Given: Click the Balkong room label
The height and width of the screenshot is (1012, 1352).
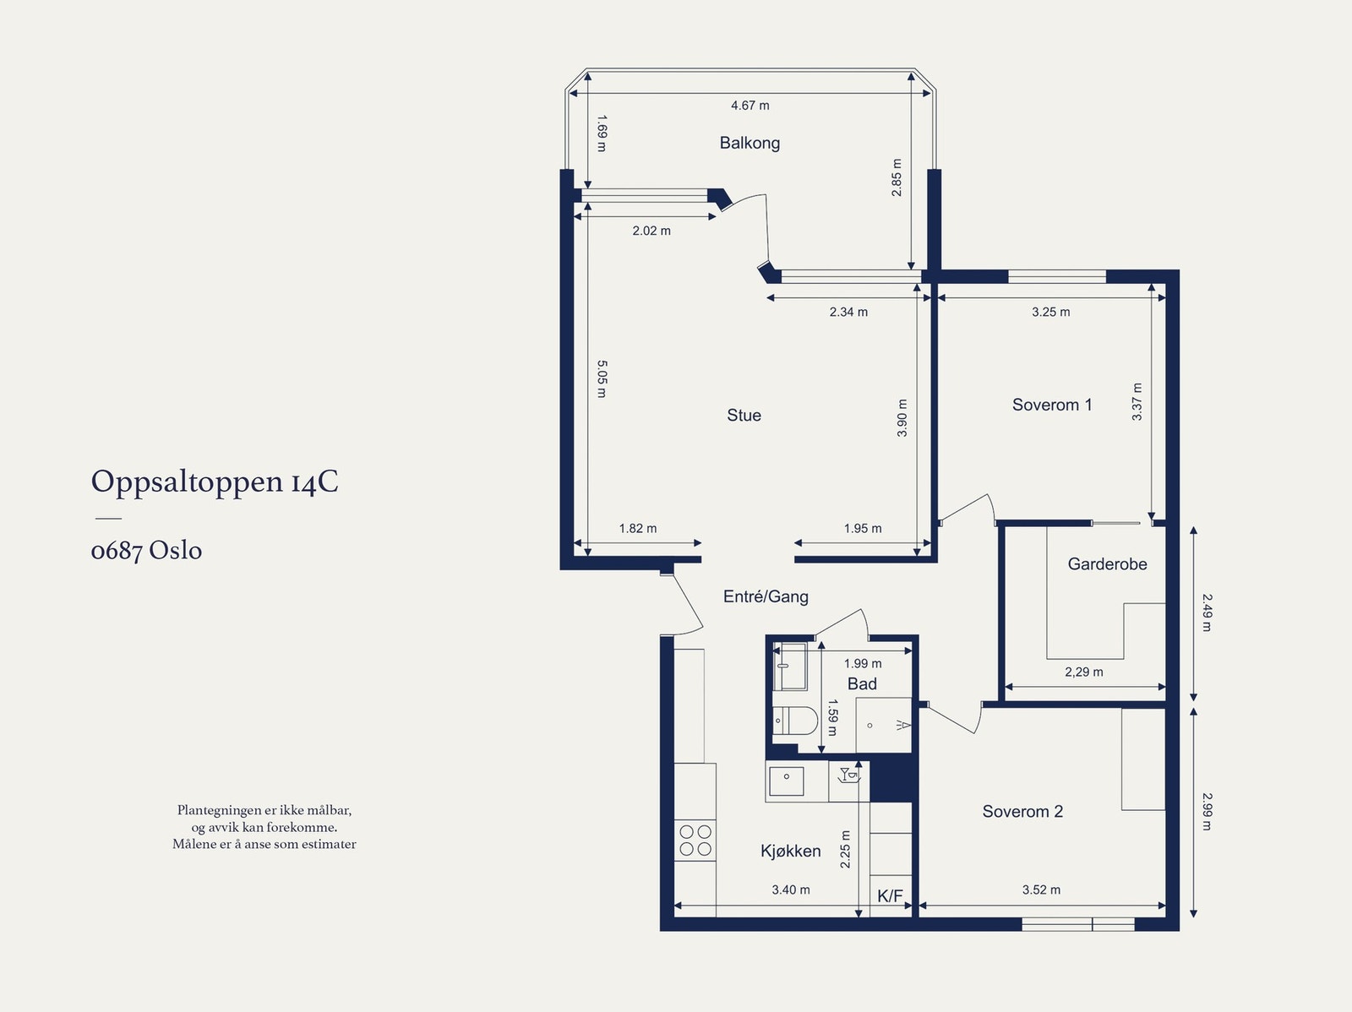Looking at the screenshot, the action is click(x=750, y=143).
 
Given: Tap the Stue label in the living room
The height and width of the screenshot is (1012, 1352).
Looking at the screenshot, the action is click(x=744, y=415).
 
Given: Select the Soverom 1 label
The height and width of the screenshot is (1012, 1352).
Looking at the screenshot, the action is click(x=1052, y=405).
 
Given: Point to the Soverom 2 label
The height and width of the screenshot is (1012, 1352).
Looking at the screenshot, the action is click(x=1022, y=811).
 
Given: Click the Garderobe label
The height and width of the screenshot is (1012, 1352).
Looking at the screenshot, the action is click(x=1107, y=563).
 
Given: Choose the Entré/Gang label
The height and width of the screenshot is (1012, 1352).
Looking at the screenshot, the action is click(x=766, y=596).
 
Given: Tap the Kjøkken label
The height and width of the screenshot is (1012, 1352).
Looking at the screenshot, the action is click(x=790, y=851).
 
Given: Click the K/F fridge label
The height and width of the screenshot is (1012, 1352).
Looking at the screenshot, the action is click(x=890, y=896).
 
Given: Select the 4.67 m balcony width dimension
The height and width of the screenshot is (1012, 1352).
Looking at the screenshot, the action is click(x=750, y=106).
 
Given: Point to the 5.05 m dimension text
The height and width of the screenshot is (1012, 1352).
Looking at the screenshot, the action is click(x=602, y=379).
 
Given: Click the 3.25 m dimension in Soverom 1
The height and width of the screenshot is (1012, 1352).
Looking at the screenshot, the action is click(x=1051, y=312).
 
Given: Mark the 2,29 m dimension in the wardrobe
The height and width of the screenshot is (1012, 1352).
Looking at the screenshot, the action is click(x=1084, y=672).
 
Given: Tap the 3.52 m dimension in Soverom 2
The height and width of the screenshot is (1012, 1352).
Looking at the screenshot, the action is click(x=1041, y=890).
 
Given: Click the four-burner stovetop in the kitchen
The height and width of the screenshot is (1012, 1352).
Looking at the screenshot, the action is click(x=695, y=841).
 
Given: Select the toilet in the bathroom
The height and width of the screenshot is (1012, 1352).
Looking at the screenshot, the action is click(x=795, y=721).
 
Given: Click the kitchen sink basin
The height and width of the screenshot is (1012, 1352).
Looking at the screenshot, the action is click(x=787, y=781).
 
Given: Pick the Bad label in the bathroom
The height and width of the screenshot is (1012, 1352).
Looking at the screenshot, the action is click(x=862, y=684).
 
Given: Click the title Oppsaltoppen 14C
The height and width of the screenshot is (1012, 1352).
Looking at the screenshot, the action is click(x=215, y=482).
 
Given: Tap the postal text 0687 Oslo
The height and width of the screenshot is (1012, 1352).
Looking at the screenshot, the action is click(x=146, y=550).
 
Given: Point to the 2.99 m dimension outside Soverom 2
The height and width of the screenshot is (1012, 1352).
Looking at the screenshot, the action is click(x=1208, y=811).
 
